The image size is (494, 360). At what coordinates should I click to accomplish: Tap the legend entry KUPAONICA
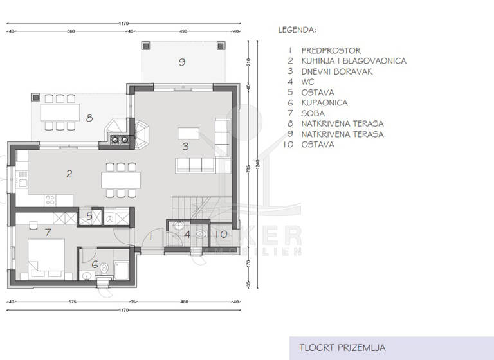(324, 103)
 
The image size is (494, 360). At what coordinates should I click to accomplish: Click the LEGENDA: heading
(297, 30)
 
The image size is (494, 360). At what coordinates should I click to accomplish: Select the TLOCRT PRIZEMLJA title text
(342, 348)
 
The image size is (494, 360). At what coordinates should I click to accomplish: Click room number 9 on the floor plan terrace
(182, 62)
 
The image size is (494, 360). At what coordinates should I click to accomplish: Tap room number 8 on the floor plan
(90, 118)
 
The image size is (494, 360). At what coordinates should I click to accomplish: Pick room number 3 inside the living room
(185, 146)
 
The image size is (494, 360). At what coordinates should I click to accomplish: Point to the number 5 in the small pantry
(89, 217)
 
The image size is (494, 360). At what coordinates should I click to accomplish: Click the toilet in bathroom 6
(87, 276)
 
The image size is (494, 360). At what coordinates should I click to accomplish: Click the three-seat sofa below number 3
(194, 165)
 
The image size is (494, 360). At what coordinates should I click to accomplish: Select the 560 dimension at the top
(71, 31)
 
